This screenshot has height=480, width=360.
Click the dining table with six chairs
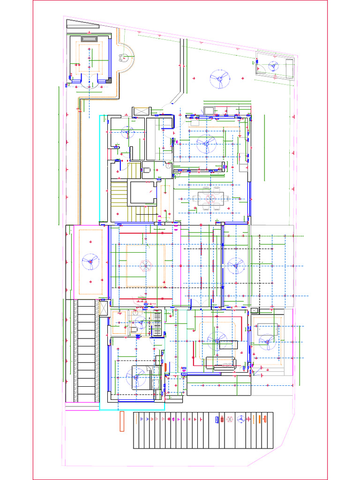click(x=210, y=199)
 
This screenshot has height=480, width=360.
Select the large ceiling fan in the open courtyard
click(x=219, y=79)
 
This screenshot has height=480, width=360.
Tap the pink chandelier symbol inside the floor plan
click(x=145, y=265)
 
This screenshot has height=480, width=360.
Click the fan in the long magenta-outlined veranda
click(x=90, y=261)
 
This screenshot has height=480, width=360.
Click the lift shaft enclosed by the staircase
click(x=142, y=192)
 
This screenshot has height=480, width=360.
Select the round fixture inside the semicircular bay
click(x=124, y=58)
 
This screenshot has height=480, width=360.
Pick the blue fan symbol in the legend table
click(x=240, y=419)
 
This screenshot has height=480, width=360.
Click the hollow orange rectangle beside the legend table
click(x=121, y=421)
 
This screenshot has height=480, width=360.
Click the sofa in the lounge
click(x=220, y=363)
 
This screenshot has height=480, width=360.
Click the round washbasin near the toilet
click(x=168, y=165)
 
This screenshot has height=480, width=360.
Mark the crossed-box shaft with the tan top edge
click(x=140, y=111)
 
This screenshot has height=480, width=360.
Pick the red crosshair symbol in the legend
click(x=248, y=419)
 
